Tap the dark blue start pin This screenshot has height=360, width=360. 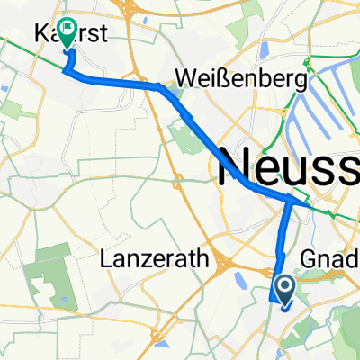[x=284, y=291]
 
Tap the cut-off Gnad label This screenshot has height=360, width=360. [x=337, y=259]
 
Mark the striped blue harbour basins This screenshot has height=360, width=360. [x=333, y=99]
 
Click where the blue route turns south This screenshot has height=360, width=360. [x=290, y=202]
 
